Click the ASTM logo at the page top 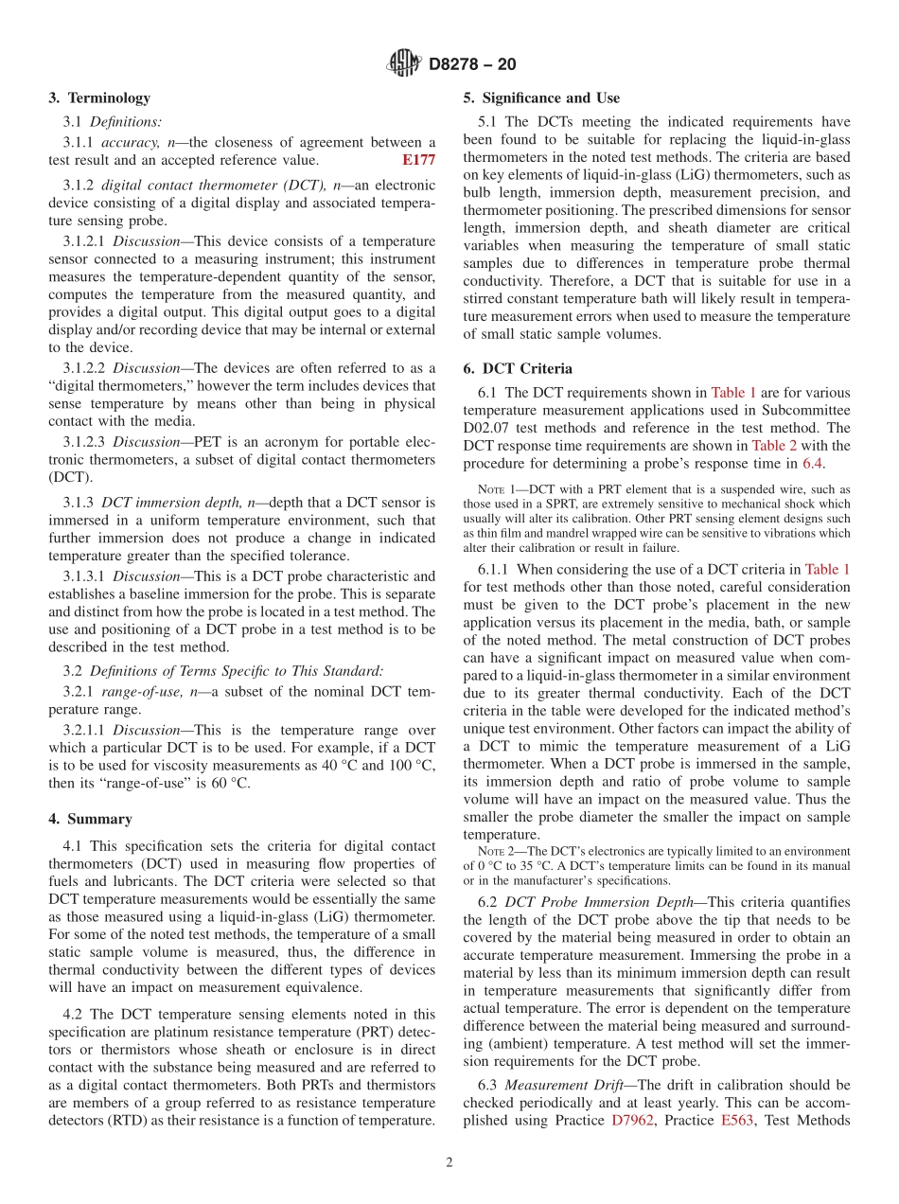[x=404, y=64]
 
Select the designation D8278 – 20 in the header [x=472, y=65]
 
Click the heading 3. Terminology [x=99, y=98]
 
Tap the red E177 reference [x=418, y=161]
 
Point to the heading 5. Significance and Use [x=542, y=98]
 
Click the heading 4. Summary [x=91, y=819]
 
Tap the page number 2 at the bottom [x=449, y=1163]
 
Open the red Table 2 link [x=774, y=446]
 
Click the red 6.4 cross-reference [x=812, y=464]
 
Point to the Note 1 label [x=496, y=489]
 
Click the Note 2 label [x=496, y=852]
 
